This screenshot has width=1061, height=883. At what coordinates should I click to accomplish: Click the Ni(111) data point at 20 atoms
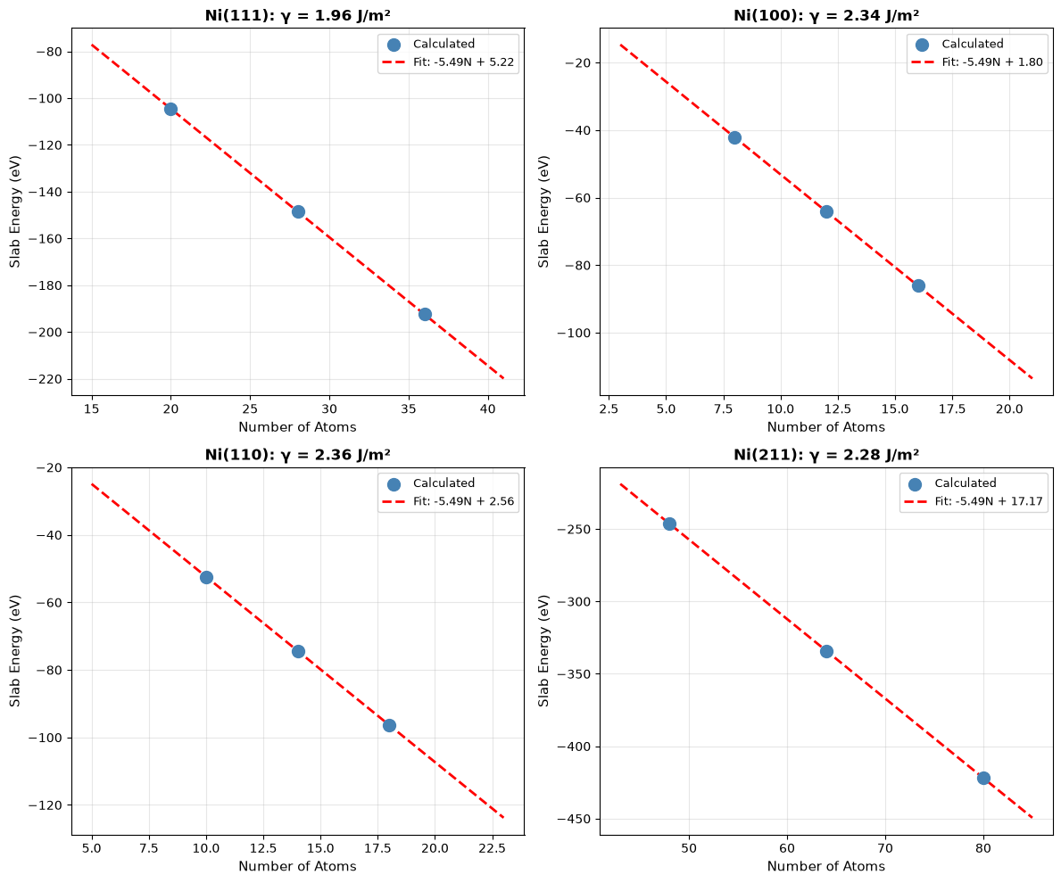pyautogui.click(x=170, y=109)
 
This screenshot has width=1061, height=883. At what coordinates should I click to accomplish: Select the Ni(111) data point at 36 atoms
pyautogui.click(x=425, y=314)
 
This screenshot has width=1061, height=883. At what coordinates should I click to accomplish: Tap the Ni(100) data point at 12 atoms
pyautogui.click(x=826, y=211)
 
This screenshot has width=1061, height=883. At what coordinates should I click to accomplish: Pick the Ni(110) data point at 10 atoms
pyautogui.click(x=206, y=577)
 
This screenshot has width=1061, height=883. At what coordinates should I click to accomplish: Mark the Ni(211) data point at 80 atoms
pyautogui.click(x=983, y=779)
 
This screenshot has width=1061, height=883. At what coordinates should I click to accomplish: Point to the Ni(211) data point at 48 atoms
pyautogui.click(x=669, y=524)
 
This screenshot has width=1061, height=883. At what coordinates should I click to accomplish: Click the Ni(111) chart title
pyautogui.click(x=298, y=15)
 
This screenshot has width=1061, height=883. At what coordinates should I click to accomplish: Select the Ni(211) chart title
pyautogui.click(x=826, y=455)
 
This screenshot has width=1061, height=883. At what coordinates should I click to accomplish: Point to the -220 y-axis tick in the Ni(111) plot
pyautogui.click(x=49, y=379)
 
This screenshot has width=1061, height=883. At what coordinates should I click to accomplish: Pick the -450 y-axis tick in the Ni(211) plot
pyautogui.click(x=578, y=820)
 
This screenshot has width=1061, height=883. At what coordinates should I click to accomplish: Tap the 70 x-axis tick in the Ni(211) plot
pyautogui.click(x=885, y=848)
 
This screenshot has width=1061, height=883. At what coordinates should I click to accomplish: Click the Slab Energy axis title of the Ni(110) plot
pyautogui.click(x=15, y=651)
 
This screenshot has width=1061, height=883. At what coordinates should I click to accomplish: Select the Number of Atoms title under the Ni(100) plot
pyautogui.click(x=826, y=427)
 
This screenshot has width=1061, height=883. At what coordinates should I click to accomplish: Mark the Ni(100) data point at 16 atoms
pyautogui.click(x=918, y=286)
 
